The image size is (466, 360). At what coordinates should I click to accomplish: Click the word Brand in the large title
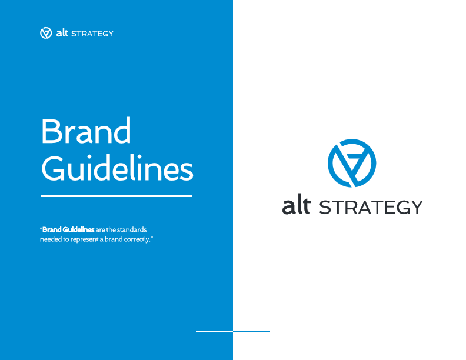click(x=86, y=132)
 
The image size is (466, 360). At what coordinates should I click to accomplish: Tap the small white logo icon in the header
click(x=46, y=33)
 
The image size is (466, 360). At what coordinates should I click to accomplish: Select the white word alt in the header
click(x=62, y=33)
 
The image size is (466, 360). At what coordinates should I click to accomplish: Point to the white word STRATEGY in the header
click(x=92, y=34)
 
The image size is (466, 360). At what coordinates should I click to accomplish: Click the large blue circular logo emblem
click(x=352, y=163)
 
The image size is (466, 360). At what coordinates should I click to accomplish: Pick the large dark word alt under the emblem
click(x=296, y=206)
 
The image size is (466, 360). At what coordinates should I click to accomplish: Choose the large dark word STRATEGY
click(x=370, y=208)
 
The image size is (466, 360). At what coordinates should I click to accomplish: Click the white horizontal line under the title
click(x=116, y=196)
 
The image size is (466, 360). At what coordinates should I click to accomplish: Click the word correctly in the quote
click(x=137, y=239)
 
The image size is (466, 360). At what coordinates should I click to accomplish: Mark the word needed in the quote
click(x=51, y=239)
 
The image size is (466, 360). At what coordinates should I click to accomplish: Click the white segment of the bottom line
click(x=214, y=331)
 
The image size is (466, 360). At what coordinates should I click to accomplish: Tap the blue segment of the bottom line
click(x=252, y=331)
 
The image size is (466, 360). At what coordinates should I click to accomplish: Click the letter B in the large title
click(x=51, y=132)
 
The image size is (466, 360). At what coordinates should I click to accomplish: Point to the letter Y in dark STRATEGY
click(x=415, y=208)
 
